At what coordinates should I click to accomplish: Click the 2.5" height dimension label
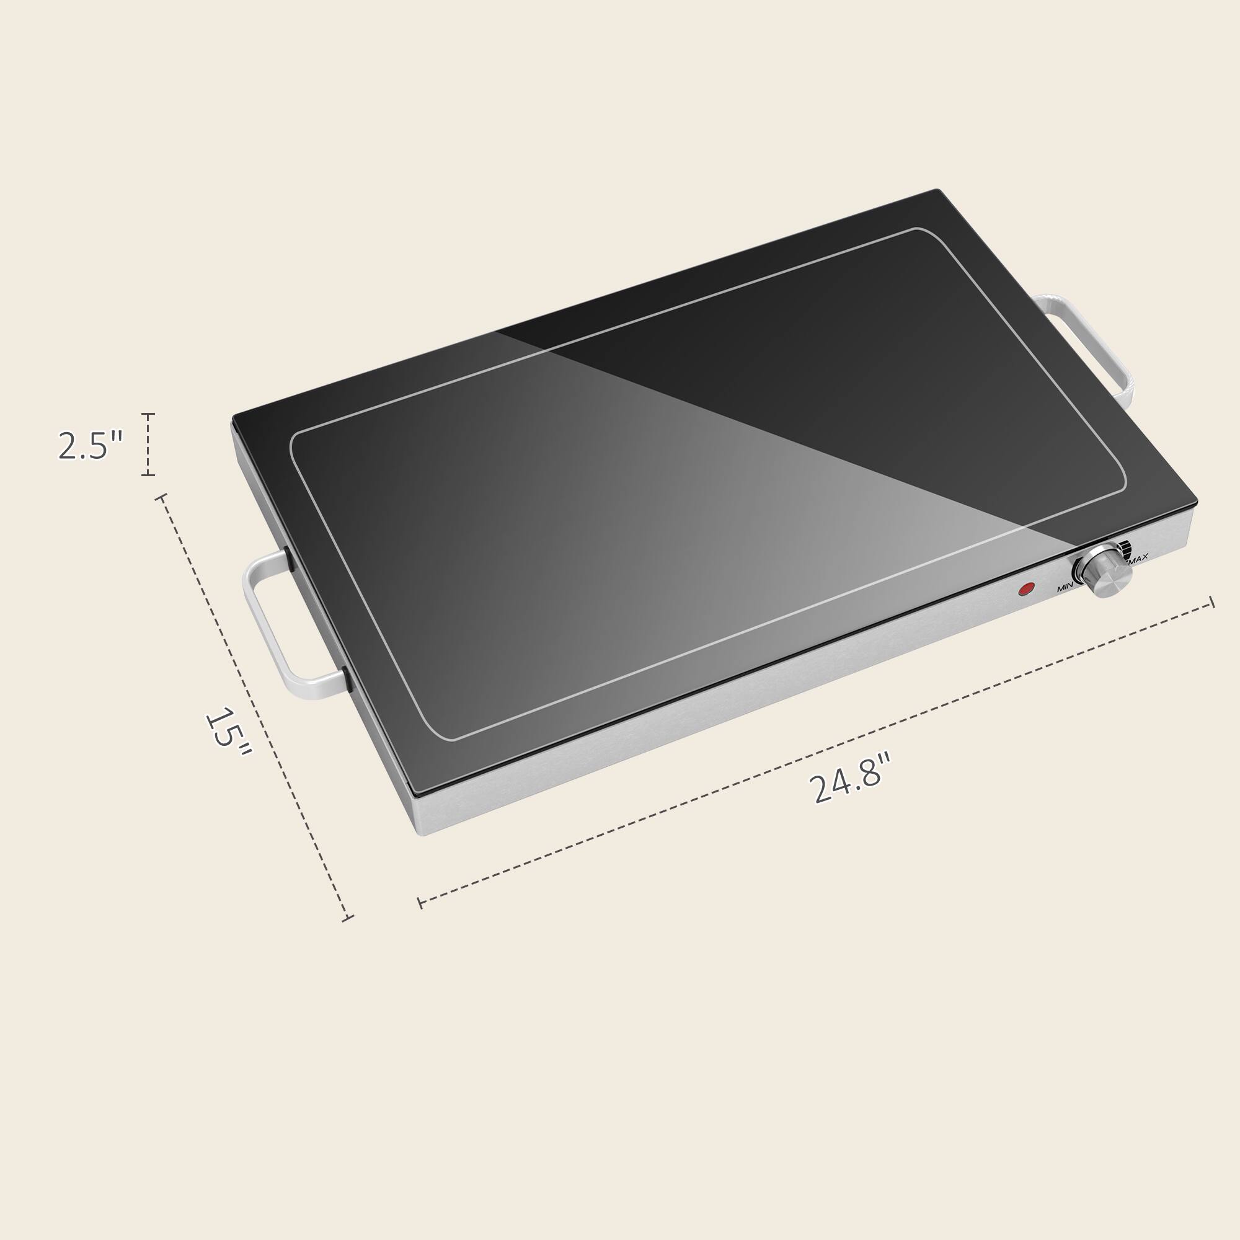(89, 445)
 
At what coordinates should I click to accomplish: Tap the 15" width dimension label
(228, 732)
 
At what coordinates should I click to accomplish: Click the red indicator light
(1027, 588)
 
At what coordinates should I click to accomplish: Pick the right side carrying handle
(1091, 347)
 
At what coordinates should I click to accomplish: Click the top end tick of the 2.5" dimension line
(148, 415)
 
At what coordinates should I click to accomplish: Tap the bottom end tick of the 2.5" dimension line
(148, 475)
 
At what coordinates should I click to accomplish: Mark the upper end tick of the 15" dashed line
(161, 497)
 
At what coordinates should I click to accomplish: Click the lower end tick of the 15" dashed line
(347, 918)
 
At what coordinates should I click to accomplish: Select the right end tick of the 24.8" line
(1211, 602)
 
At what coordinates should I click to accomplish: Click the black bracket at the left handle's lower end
(347, 679)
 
